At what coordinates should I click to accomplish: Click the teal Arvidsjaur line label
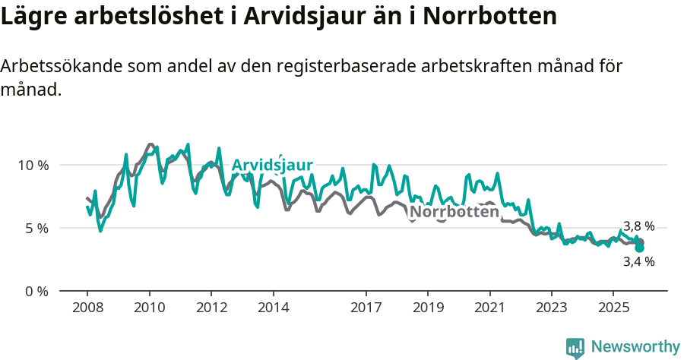tap(272, 166)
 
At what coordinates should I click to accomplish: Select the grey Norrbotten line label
tap(454, 212)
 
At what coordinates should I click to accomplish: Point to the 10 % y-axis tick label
tap(33, 165)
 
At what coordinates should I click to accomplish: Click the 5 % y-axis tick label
tap(36, 228)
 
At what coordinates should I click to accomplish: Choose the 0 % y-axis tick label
tap(36, 291)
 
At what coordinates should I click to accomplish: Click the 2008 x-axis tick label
tap(87, 308)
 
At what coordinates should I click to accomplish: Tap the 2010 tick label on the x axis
tap(149, 308)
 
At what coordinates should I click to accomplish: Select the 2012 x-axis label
tap(211, 308)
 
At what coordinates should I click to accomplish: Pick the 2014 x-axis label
tap(273, 308)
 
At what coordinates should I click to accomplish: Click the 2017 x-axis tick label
tap(366, 308)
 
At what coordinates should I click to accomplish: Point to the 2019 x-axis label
tap(428, 308)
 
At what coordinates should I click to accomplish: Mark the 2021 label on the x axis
tap(489, 308)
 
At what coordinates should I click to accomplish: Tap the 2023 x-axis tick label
tap(551, 308)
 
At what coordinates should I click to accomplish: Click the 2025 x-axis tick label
tap(613, 308)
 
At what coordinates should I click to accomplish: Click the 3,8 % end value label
tap(638, 226)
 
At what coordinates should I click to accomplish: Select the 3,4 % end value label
tap(638, 262)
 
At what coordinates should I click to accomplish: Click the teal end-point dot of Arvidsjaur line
tap(639, 248)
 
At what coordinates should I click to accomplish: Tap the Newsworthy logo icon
tap(575, 347)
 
